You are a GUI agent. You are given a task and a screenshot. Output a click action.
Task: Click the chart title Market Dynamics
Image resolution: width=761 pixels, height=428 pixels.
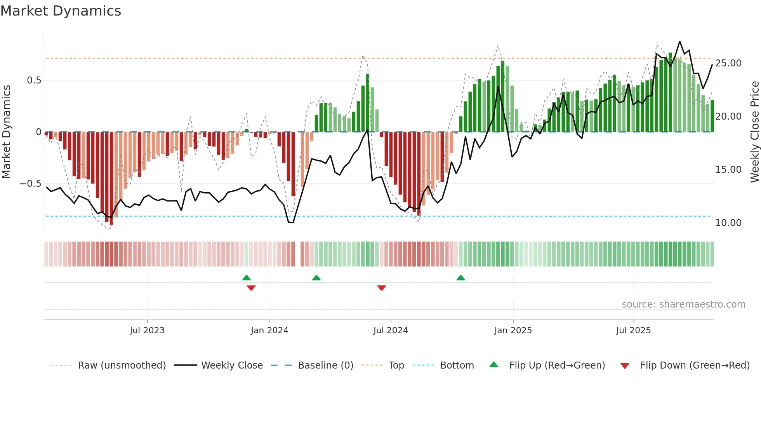pyautogui.click(x=61, y=11)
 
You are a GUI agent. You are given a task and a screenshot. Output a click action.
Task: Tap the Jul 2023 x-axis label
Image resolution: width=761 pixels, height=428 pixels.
pyautogui.click(x=147, y=331)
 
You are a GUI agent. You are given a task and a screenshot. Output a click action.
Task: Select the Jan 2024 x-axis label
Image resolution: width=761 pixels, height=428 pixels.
pyautogui.click(x=269, y=331)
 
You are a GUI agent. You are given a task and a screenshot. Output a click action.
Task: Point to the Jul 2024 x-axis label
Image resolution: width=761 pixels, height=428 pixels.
pyautogui.click(x=391, y=331)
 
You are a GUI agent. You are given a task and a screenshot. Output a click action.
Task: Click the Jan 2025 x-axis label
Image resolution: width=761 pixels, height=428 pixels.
pyautogui.click(x=513, y=331)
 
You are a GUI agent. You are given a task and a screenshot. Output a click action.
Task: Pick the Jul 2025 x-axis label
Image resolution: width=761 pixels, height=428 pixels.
pyautogui.click(x=633, y=331)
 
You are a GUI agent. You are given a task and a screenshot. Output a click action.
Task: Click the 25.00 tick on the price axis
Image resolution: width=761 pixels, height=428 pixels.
pyautogui.click(x=728, y=63)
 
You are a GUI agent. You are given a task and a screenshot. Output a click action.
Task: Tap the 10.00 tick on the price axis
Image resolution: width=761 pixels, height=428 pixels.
pyautogui.click(x=728, y=223)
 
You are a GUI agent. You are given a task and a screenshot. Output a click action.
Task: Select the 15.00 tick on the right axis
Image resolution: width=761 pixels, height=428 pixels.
pyautogui.click(x=728, y=170)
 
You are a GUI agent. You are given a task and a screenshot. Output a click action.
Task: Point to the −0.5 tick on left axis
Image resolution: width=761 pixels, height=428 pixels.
pyautogui.click(x=31, y=184)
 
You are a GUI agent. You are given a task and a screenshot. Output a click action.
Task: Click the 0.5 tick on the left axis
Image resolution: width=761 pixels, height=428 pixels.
pyautogui.click(x=34, y=80)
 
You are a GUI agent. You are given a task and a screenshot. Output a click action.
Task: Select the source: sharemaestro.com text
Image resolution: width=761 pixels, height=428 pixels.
pyautogui.click(x=683, y=304)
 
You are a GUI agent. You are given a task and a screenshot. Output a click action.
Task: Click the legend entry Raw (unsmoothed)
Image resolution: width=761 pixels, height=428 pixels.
pyautogui.click(x=122, y=365)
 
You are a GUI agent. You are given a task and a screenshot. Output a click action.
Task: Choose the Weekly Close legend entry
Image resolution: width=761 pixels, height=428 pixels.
pyautogui.click(x=232, y=365)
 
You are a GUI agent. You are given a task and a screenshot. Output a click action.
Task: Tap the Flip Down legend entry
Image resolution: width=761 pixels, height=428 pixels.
pyautogui.click(x=695, y=365)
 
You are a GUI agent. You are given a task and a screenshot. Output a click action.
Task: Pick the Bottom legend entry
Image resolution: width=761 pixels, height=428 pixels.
pyautogui.click(x=457, y=365)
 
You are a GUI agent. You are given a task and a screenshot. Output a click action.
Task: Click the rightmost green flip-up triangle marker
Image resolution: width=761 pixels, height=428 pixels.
pyautogui.click(x=460, y=278)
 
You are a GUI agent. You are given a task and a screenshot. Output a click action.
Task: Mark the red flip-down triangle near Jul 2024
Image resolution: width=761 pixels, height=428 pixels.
pyautogui.click(x=381, y=288)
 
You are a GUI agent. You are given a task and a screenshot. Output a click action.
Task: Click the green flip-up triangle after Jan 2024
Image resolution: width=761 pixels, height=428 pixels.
pyautogui.click(x=316, y=278)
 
